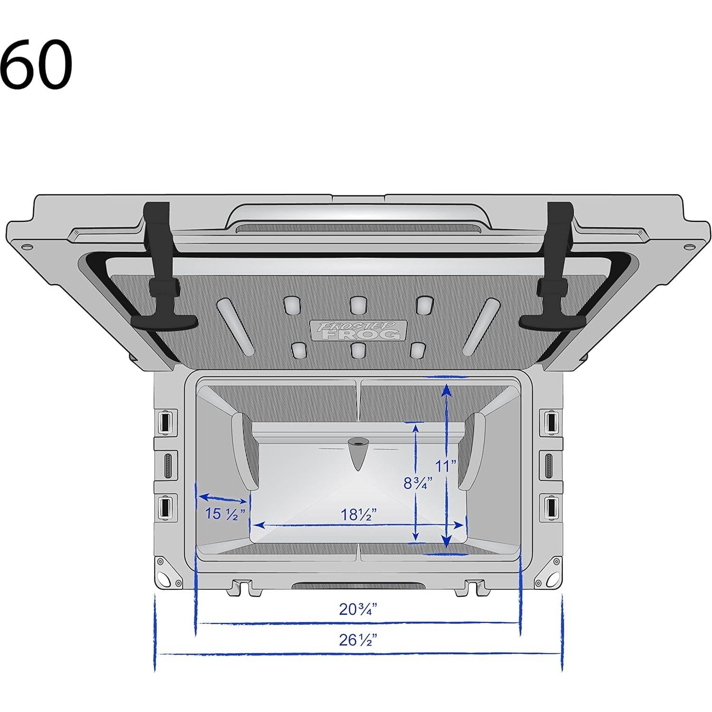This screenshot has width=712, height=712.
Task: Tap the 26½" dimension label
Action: tap(358, 640)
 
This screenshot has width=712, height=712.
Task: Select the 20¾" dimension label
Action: tap(358, 609)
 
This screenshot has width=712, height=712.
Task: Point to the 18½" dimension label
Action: tap(359, 515)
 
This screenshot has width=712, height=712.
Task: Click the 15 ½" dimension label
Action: tap(225, 514)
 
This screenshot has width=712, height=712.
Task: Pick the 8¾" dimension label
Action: tap(418, 483)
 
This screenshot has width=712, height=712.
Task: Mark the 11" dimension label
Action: tap(446, 466)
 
